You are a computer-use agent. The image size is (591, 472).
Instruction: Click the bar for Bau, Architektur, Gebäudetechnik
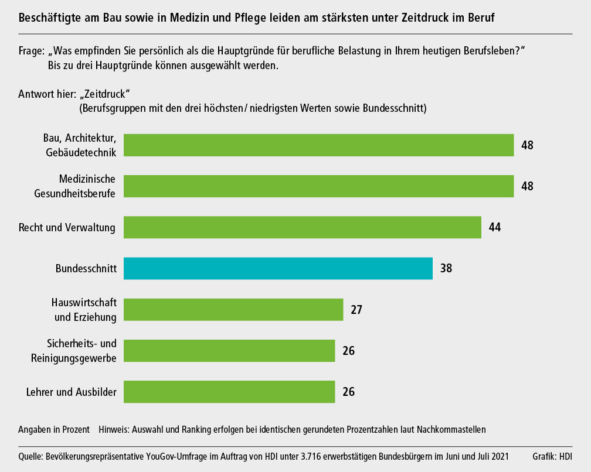319,145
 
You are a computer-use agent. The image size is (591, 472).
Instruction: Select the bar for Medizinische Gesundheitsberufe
319,186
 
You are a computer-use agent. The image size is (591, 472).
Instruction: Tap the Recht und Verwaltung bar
303,227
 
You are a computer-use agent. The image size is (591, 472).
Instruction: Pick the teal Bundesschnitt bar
278,268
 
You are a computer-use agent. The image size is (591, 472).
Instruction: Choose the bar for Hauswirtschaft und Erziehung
233,309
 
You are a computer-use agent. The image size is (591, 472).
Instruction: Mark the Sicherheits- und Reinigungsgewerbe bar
229,350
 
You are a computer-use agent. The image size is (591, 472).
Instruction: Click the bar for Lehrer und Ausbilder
229,391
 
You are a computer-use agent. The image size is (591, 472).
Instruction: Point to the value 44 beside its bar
494,227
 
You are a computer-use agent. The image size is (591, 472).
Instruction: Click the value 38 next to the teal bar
446,268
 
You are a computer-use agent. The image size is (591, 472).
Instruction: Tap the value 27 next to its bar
356,309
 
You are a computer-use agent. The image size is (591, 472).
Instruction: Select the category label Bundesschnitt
86,269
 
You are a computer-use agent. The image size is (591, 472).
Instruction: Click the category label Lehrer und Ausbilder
72,392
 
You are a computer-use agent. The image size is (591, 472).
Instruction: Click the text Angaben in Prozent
54,429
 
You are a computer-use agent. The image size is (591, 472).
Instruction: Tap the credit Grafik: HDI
552,456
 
